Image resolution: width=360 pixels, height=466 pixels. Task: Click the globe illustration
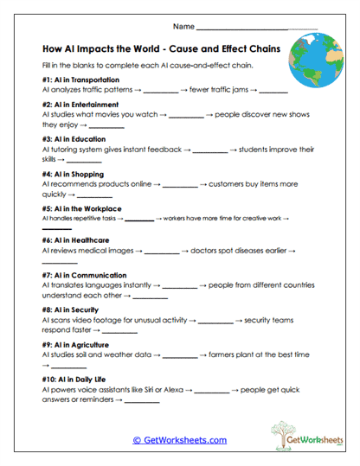318,62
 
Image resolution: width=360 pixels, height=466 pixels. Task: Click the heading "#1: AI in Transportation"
80,80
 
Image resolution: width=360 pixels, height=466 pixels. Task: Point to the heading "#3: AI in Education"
74,138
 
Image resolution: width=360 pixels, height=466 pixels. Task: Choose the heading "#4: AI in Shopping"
73,173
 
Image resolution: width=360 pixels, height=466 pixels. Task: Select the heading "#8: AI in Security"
71,309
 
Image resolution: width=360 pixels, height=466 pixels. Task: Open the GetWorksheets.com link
179,440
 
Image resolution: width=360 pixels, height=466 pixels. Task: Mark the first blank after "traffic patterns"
159,91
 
